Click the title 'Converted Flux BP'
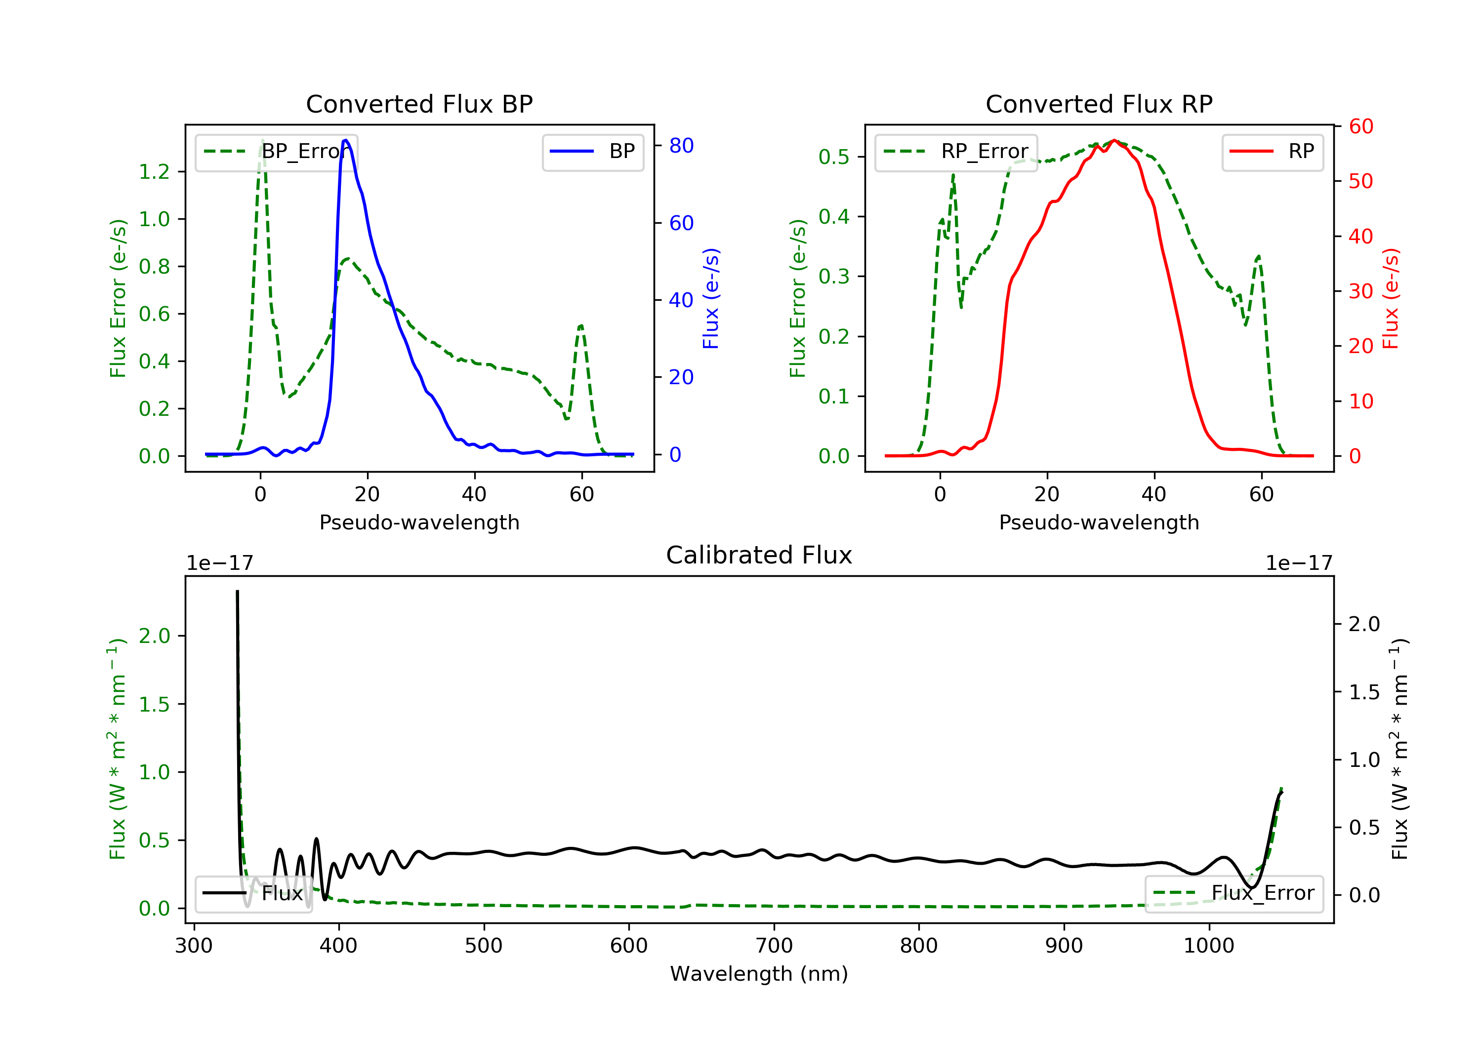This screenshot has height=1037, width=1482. (419, 104)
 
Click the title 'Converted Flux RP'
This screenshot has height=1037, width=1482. (1099, 104)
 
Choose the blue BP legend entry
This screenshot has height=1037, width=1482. (592, 152)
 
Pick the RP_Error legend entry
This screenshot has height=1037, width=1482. (955, 152)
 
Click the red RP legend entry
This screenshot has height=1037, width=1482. (1272, 152)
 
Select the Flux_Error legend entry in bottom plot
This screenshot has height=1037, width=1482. (1234, 893)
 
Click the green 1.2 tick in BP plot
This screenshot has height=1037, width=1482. (154, 172)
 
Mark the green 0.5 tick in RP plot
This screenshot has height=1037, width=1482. (834, 157)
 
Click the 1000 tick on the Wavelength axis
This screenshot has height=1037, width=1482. (1208, 946)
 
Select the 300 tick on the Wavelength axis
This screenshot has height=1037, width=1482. (194, 946)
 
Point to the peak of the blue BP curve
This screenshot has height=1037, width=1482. (346, 140)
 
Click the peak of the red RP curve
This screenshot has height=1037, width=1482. (1114, 140)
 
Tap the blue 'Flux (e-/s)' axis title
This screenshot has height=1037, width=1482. (711, 298)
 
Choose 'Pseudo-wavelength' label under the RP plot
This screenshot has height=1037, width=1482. (1099, 522)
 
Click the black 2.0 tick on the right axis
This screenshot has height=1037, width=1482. (1364, 624)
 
